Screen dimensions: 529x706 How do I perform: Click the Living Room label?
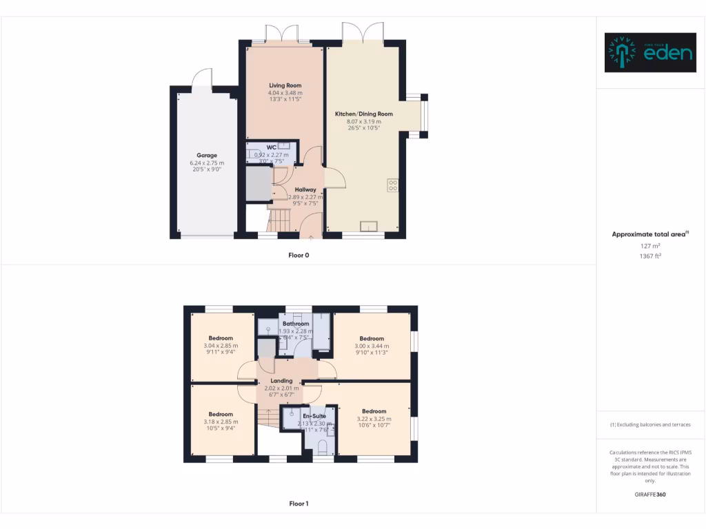pyautogui.click(x=285, y=85)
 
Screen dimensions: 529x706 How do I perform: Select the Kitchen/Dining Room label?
pyautogui.click(x=363, y=114)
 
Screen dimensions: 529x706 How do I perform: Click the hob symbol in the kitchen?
pyautogui.click(x=392, y=185)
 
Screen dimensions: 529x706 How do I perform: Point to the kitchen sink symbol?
pyautogui.click(x=369, y=225)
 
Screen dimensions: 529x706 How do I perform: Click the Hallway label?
pyautogui.click(x=305, y=189)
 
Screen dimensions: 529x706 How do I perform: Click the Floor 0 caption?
pyautogui.click(x=299, y=255)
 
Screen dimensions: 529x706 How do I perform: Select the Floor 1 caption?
pyautogui.click(x=299, y=504)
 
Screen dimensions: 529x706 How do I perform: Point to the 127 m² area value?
pyautogui.click(x=650, y=245)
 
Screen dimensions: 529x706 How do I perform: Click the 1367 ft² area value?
pyautogui.click(x=650, y=256)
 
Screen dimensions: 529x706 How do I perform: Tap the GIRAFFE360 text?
pyautogui.click(x=650, y=495)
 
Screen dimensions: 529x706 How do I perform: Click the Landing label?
pyautogui.click(x=281, y=380)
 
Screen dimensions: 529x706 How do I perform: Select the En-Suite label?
pyautogui.click(x=314, y=416)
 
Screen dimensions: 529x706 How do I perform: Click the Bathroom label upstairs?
pyautogui.click(x=296, y=324)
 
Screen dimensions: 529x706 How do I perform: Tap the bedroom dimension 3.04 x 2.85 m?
pyautogui.click(x=221, y=345)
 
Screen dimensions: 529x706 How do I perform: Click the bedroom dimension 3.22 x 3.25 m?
pyautogui.click(x=374, y=419)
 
